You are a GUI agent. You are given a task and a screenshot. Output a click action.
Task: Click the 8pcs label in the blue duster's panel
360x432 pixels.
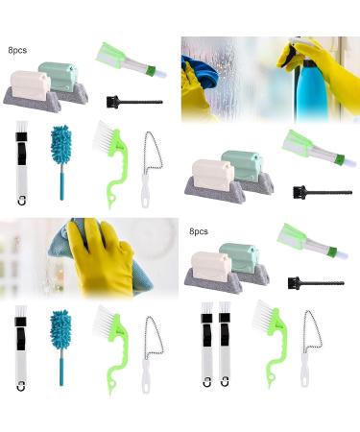[16, 48]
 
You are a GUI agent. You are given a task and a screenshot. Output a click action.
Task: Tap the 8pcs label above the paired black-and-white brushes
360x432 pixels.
[199, 232]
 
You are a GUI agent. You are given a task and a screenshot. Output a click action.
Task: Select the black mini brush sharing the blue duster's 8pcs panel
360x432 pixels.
[134, 101]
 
